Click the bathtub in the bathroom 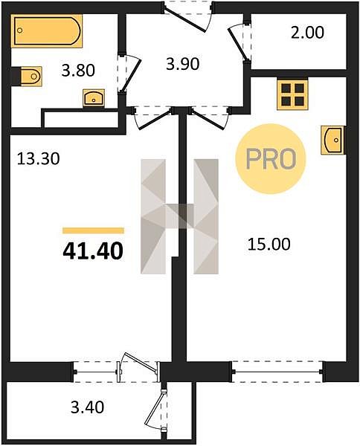[47, 30]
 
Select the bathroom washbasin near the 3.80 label [94, 98]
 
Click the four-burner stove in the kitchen [292, 94]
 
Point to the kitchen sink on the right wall [333, 140]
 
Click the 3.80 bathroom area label [78, 71]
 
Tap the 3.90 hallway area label [183, 64]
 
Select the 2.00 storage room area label [307, 33]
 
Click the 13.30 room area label [39, 159]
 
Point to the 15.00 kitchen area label [269, 245]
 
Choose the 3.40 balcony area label [87, 407]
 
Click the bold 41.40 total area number [93, 251]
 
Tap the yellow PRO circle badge [271, 159]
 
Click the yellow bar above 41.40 [93, 230]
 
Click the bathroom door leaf [131, 74]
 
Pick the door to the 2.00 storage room [237, 44]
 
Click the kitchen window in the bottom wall [277, 372]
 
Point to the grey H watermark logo [179, 216]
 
